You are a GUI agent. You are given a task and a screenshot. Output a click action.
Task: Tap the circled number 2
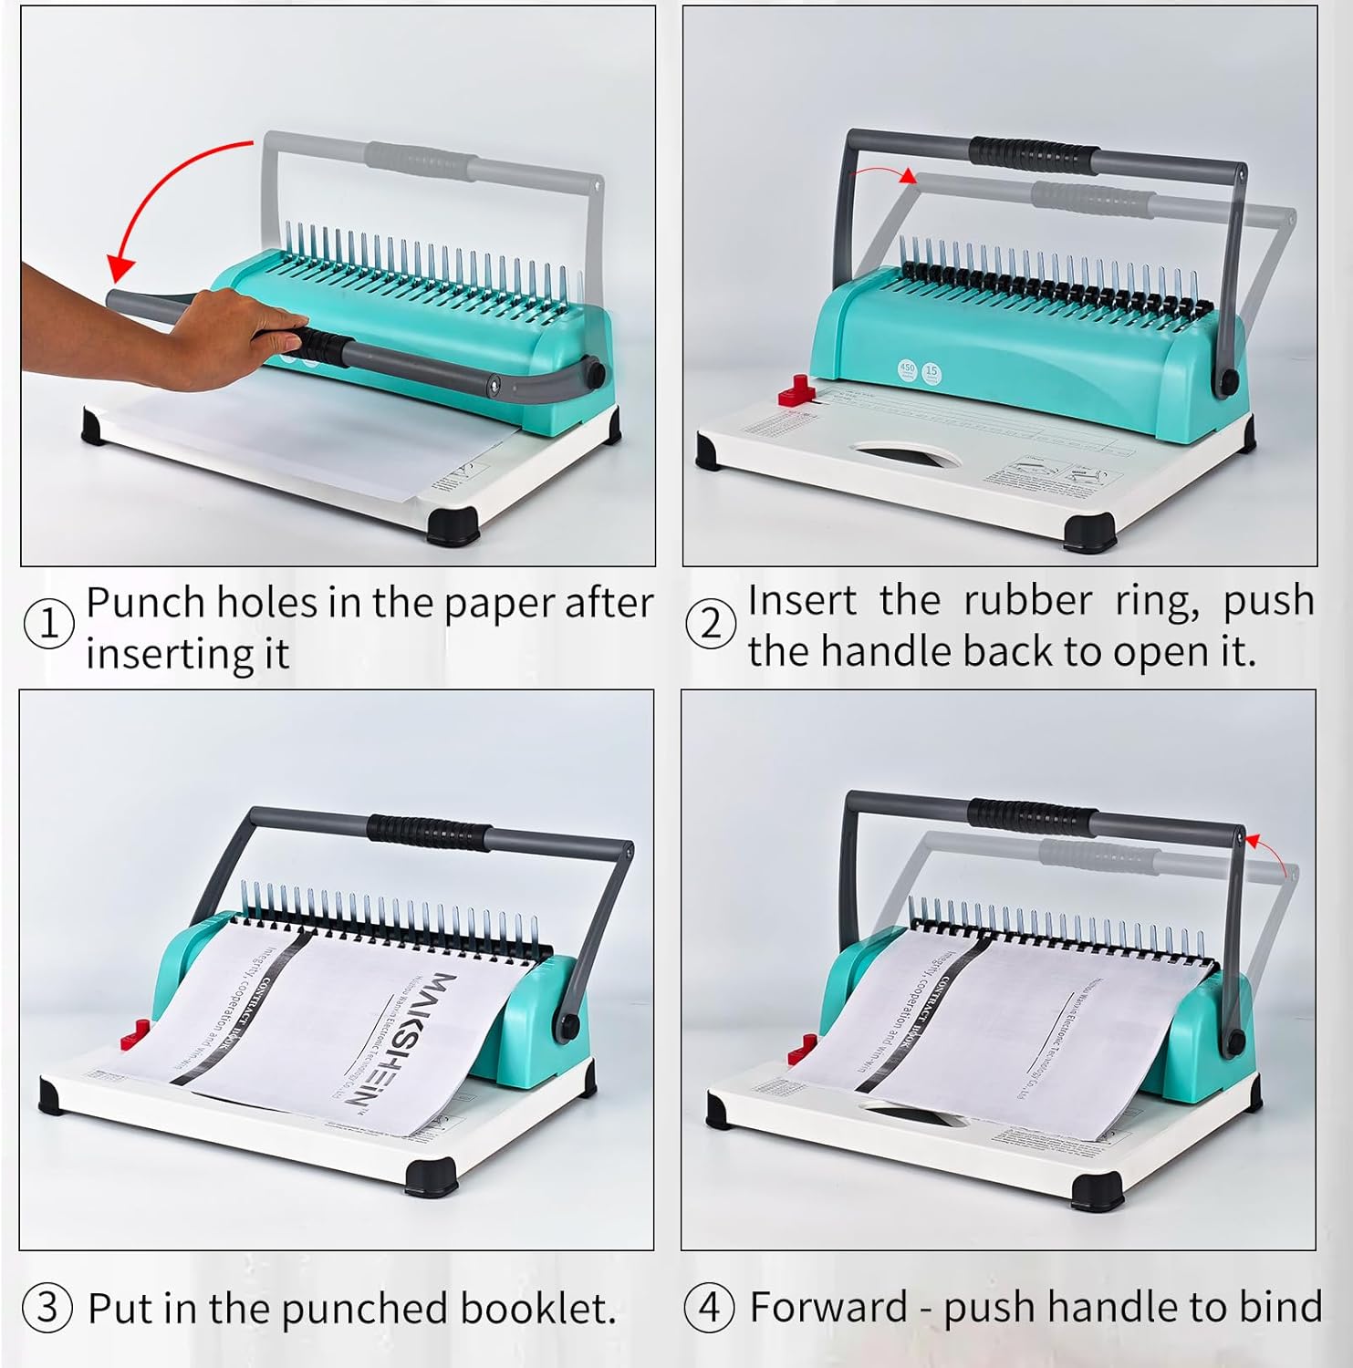click(710, 625)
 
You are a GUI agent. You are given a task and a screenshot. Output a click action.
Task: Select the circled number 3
click(47, 1307)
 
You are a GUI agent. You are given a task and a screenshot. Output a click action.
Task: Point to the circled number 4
click(709, 1307)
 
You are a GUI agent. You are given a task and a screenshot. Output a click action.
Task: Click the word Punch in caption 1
click(145, 603)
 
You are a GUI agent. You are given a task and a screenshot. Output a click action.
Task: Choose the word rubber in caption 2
click(1027, 600)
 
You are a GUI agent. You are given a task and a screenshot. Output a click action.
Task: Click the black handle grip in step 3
click(429, 831)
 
